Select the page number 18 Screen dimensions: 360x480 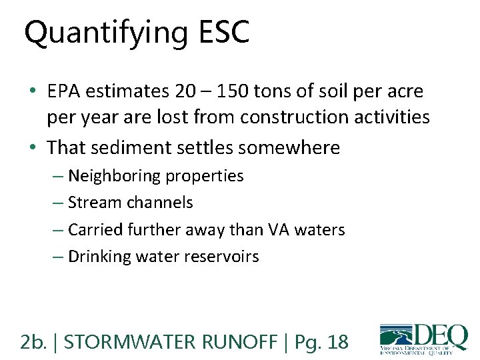[337, 342]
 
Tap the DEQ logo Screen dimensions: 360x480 [423, 338]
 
